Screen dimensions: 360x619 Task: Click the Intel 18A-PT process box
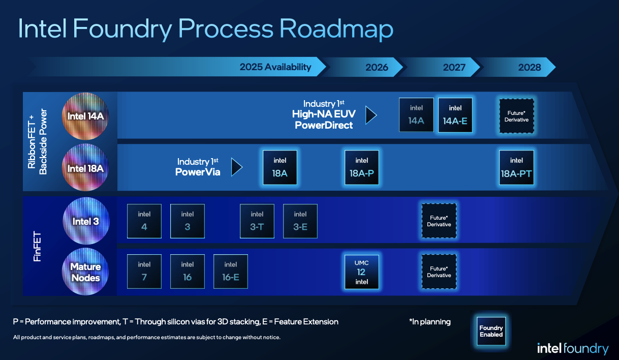516,167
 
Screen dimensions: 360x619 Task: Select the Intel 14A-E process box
455,115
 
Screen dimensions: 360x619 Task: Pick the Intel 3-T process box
257,221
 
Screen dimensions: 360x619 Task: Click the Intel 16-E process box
231,272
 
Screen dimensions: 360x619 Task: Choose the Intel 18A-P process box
362,167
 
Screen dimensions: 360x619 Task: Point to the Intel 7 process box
144,272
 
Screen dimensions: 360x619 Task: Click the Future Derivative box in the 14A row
516,116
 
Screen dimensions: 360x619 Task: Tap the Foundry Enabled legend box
491,331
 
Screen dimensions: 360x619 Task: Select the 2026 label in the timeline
377,67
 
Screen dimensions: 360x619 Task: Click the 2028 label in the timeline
530,67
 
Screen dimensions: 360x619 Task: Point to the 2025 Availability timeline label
275,67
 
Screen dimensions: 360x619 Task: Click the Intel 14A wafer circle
85,116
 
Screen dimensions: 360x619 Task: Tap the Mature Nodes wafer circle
85,272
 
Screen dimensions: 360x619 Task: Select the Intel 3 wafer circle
85,221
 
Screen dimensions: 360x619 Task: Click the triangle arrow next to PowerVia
236,167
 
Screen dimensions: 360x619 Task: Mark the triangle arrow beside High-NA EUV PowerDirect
371,115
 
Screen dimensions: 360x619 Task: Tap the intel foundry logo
572,348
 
